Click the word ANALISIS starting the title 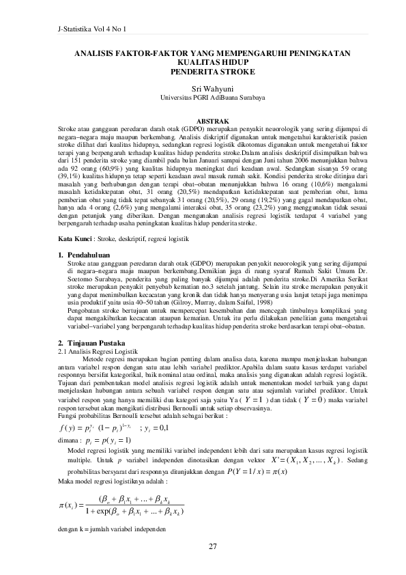coord(95,53)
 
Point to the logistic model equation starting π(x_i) coord(117,507)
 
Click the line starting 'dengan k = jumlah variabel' coord(111,531)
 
